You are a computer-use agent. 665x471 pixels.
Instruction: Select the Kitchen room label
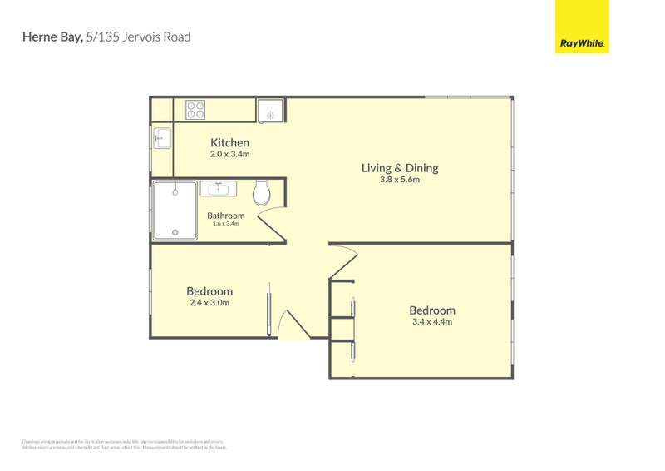tap(229, 143)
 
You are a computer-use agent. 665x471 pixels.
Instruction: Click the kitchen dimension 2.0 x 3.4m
tap(229, 154)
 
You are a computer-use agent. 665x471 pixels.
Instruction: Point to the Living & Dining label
tap(399, 168)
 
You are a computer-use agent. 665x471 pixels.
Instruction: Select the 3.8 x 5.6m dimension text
tap(399, 180)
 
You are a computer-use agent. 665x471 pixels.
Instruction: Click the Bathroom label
tap(226, 216)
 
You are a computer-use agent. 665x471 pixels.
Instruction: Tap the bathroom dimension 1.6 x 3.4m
tap(226, 224)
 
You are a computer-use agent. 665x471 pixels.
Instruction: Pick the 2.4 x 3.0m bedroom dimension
tap(209, 303)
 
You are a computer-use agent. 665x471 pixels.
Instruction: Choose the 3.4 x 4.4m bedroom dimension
tap(431, 322)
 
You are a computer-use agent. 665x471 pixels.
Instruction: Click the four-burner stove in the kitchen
tap(195, 109)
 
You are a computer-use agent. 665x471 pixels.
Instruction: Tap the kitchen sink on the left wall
tap(161, 137)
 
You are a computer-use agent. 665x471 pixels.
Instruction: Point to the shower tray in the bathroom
tap(175, 211)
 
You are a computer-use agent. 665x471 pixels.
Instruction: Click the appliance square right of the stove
tap(270, 111)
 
